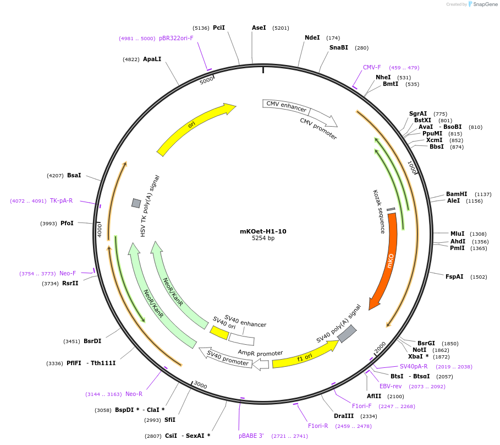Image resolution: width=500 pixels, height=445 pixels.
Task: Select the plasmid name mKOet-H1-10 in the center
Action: pos(263,231)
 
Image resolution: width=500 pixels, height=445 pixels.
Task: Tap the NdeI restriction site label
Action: pos(312,38)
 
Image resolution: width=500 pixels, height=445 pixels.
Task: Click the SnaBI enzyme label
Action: pos(338,48)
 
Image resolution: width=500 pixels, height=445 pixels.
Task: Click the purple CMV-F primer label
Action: pos(372,68)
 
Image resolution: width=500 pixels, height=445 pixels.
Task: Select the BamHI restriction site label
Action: pos(457,194)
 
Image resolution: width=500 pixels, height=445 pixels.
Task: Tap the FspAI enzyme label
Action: pos(454,277)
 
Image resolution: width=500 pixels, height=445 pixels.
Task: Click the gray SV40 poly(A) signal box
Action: pos(347,333)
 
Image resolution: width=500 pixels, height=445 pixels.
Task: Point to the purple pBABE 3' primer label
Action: pos(251,436)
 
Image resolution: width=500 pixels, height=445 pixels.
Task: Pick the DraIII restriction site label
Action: pos(344,416)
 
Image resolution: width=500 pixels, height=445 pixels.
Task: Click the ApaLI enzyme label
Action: pos(152,59)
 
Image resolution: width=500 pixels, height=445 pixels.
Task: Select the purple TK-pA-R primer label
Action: pos(61,201)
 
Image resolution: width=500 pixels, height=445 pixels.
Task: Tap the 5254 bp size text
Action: pos(263,238)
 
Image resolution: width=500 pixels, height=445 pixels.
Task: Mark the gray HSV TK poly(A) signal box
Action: pos(136,203)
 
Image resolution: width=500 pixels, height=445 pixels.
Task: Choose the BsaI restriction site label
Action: pos(74,176)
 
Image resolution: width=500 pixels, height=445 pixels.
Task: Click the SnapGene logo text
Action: pos(486,4)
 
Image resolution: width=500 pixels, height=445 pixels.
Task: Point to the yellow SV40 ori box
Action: pos(219,332)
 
